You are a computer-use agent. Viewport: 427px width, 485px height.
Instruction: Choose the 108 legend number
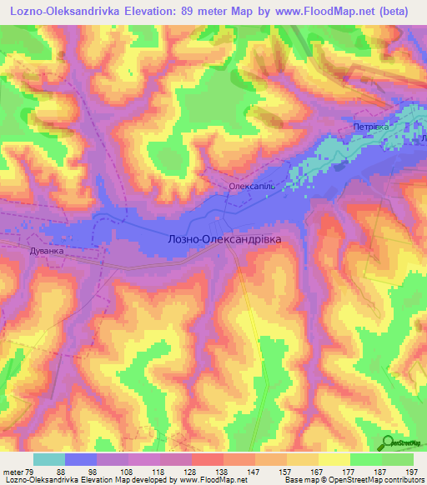125,472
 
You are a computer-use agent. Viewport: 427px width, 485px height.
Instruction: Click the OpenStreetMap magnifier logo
388,442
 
